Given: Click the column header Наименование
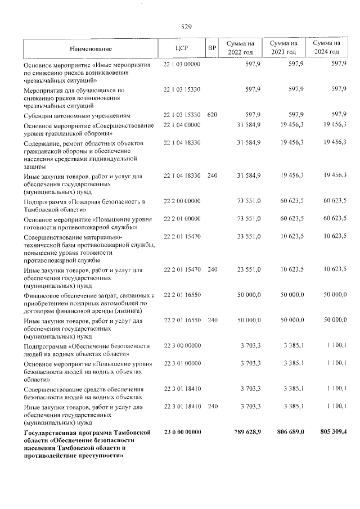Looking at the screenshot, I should pyautogui.click(x=91, y=48).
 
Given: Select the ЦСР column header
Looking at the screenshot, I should pyautogui.click(x=181, y=48).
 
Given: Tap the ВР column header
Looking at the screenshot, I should pyautogui.click(x=212, y=48).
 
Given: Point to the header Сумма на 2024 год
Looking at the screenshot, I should pyautogui.click(x=326, y=48).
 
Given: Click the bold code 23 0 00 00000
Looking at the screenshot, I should pyautogui.click(x=182, y=431).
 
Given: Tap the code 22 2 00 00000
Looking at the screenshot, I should pyautogui.click(x=182, y=201).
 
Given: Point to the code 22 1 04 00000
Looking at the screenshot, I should pyautogui.click(x=182, y=124).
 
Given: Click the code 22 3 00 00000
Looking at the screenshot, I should pyautogui.click(x=182, y=345).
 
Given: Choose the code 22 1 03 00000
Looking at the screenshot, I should pyautogui.click(x=182, y=65).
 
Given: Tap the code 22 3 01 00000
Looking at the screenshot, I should pyautogui.click(x=182, y=363).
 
